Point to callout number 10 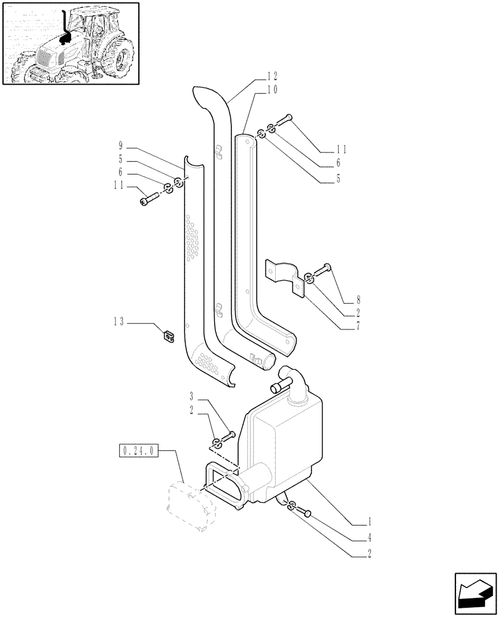point(272,89)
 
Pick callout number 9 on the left point(122,147)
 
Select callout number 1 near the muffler point(369,520)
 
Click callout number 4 point(369,537)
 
